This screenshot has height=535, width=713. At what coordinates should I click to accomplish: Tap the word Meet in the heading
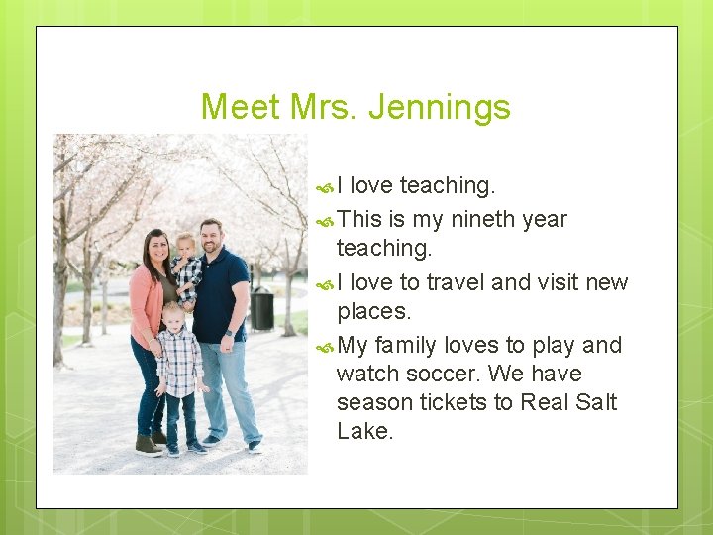pos(241,106)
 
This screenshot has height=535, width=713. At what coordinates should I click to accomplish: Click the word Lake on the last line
pos(364,431)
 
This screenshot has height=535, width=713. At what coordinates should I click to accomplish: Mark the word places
pos(373,311)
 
